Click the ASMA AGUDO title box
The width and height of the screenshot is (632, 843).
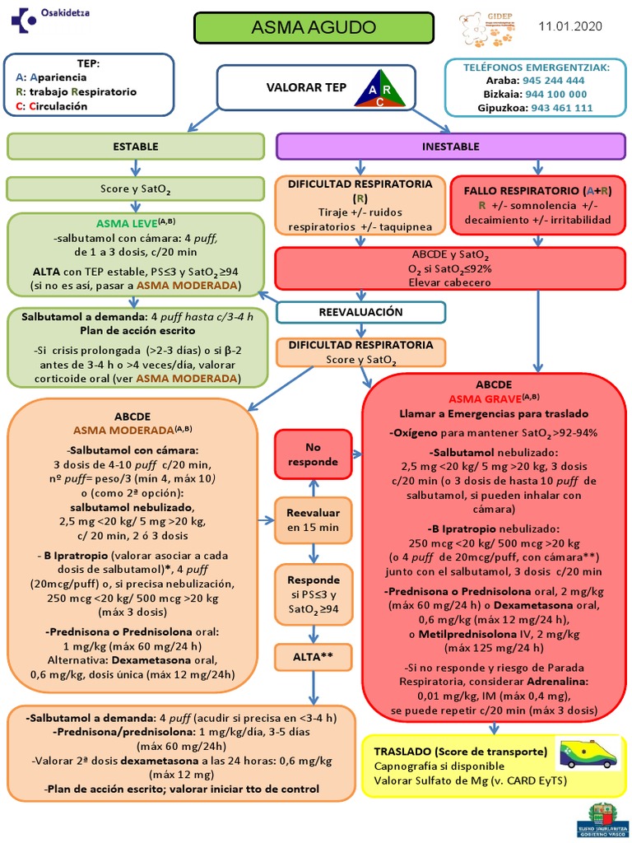click(313, 27)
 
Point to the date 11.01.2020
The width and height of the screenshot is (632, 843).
click(570, 26)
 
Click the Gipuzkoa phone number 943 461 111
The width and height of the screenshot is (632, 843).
click(561, 107)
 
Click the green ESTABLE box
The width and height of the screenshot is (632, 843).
click(136, 147)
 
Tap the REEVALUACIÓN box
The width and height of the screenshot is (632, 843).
click(360, 312)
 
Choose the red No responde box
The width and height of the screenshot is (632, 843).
click(313, 454)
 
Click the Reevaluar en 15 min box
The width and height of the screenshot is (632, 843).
click(313, 520)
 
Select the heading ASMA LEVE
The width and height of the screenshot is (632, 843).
click(125, 223)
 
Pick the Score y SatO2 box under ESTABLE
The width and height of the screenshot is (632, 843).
click(136, 189)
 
